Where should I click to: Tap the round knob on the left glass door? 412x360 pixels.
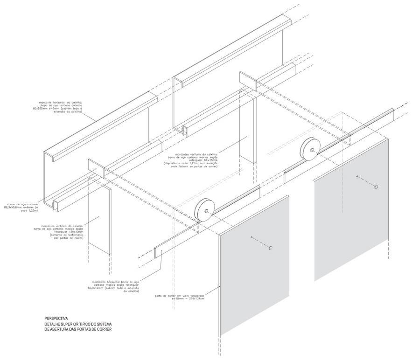pos(270,248)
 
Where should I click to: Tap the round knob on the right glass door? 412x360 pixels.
pos(376,187)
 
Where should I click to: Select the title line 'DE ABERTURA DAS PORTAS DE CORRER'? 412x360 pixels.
pos(78,329)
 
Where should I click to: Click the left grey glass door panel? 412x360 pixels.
pos(254,261)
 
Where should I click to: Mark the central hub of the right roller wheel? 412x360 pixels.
pos(312,149)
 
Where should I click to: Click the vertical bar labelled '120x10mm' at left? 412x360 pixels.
pos(99,219)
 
